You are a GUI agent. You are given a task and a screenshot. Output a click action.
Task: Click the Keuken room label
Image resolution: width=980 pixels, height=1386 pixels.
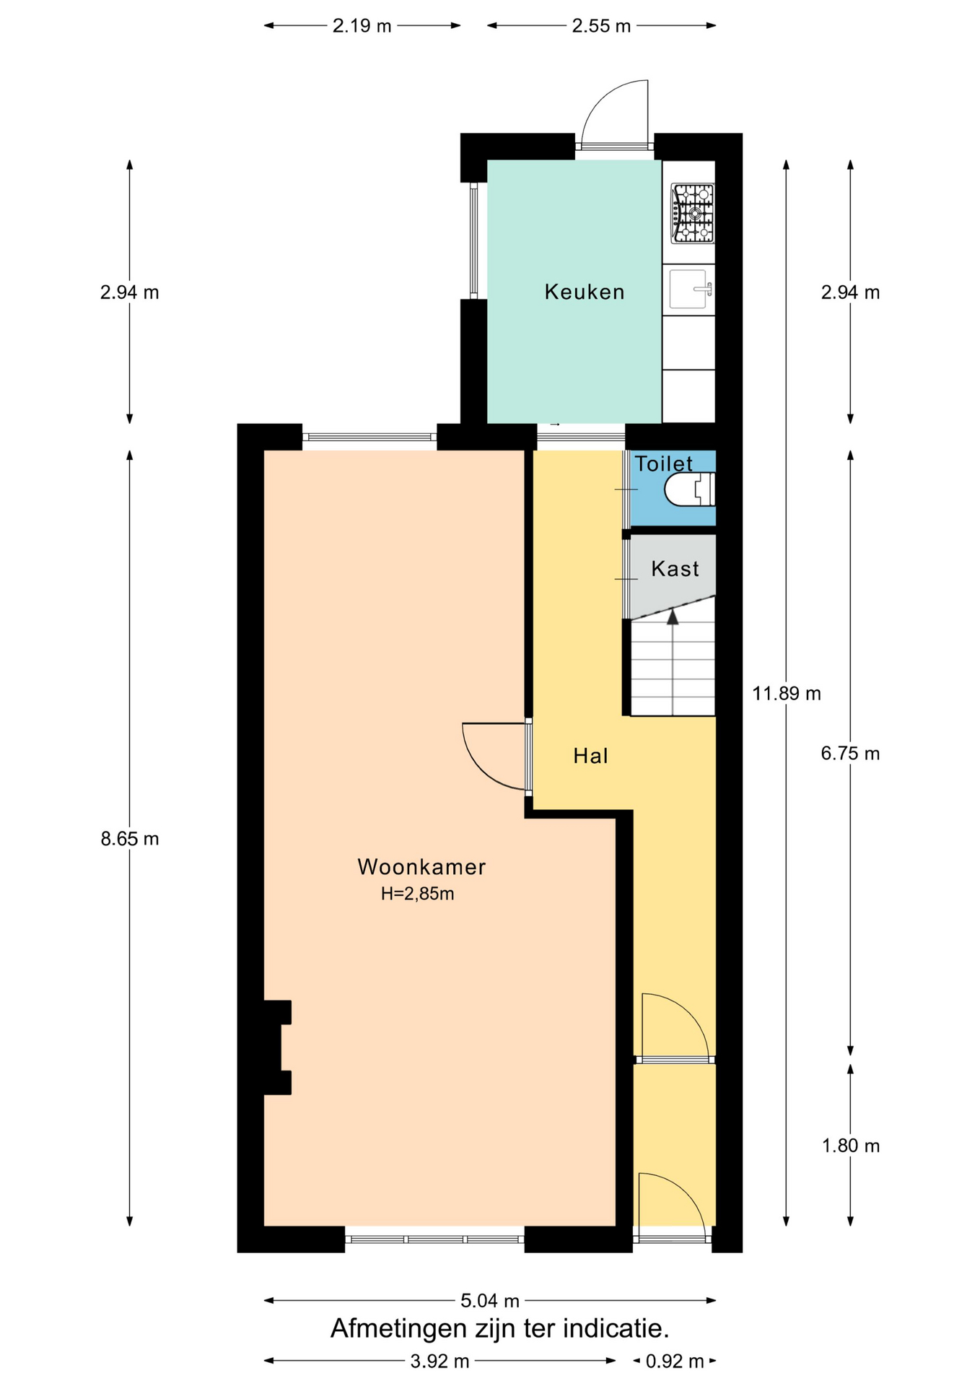tap(584, 292)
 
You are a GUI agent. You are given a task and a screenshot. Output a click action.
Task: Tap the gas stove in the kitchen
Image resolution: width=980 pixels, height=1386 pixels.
tap(692, 213)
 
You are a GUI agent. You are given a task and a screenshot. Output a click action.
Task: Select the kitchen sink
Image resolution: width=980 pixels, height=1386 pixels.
tap(690, 289)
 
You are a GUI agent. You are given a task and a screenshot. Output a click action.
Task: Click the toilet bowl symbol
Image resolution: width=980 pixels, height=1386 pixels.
tap(690, 489)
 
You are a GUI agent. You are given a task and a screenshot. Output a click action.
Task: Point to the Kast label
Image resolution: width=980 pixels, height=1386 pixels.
tap(675, 569)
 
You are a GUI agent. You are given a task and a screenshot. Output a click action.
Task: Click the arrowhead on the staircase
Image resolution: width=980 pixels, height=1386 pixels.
tap(673, 616)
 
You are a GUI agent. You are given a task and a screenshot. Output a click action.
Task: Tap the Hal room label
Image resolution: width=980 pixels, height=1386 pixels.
tap(590, 756)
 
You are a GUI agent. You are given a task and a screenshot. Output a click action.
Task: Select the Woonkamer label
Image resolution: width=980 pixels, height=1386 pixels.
tap(421, 867)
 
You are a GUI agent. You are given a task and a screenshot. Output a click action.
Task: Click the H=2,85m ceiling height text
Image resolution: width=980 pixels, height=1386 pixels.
tap(418, 894)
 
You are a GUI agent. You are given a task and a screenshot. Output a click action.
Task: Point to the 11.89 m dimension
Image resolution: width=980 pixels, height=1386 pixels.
tap(787, 694)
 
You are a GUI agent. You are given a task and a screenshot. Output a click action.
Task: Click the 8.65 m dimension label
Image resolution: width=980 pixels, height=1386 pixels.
tap(130, 839)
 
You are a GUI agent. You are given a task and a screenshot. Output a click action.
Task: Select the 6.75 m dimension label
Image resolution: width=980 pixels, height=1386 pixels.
tap(850, 754)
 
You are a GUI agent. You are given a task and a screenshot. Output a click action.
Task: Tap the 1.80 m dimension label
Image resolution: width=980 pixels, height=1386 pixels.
tap(851, 1146)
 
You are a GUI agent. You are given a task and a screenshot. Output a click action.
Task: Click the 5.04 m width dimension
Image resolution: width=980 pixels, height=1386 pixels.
tap(490, 1301)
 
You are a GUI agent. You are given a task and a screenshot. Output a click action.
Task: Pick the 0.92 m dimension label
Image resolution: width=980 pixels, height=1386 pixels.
tap(675, 1361)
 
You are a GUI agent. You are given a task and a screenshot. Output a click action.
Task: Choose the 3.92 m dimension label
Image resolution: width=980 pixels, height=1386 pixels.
tap(439, 1361)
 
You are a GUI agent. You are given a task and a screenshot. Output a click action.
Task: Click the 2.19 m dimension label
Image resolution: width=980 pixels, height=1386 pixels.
tap(362, 26)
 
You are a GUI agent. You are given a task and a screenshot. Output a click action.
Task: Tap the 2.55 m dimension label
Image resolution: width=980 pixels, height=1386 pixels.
tap(601, 26)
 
